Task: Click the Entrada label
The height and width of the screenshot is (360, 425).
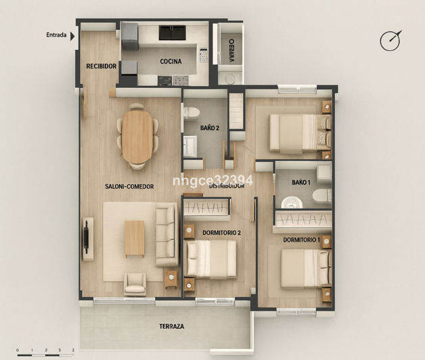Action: [x=56, y=35]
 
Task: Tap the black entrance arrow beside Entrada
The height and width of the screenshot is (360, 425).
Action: [x=72, y=35]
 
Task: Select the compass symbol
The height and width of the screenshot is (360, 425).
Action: [x=389, y=41]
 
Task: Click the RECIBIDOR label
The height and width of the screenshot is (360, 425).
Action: [x=102, y=66]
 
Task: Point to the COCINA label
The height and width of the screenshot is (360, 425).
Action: [x=171, y=62]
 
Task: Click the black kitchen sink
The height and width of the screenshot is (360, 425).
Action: [x=172, y=32]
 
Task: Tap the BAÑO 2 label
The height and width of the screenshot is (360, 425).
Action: [x=210, y=127]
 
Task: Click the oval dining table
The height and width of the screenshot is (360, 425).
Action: [x=138, y=137]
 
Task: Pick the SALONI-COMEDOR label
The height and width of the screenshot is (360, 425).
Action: [x=129, y=187]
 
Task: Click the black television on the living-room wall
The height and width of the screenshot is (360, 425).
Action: [x=87, y=237]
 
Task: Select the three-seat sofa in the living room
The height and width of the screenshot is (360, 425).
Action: [x=166, y=236]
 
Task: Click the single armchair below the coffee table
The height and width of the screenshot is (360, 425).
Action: [x=135, y=283]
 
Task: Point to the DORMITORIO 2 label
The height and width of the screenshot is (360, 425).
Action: [x=221, y=232]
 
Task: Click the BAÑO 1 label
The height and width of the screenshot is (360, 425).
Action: [x=301, y=183]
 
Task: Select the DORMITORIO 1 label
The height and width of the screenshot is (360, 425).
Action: [x=300, y=240]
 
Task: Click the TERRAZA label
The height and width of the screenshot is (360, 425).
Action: [x=172, y=326]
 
